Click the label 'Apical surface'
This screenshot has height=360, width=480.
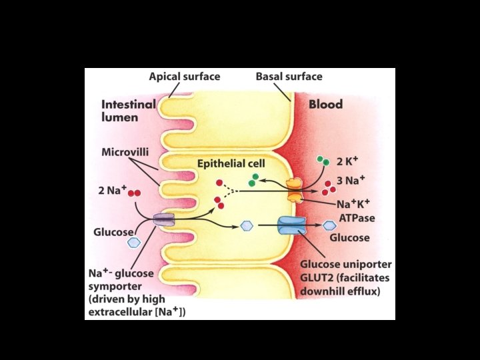click(185, 77)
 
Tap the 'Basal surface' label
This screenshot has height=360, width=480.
click(289, 77)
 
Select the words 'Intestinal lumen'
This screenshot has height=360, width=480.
click(128, 111)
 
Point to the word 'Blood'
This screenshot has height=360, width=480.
click(325, 105)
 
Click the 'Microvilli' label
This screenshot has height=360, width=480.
click(125, 153)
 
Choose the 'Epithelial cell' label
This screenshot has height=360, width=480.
click(231, 163)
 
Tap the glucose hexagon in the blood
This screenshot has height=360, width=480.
click(329, 226)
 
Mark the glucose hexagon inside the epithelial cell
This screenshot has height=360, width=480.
click(247, 226)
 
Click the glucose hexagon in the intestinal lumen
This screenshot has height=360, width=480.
click(134, 243)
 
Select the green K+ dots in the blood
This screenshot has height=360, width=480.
click(323, 161)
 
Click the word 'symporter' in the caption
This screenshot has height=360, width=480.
click(114, 285)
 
